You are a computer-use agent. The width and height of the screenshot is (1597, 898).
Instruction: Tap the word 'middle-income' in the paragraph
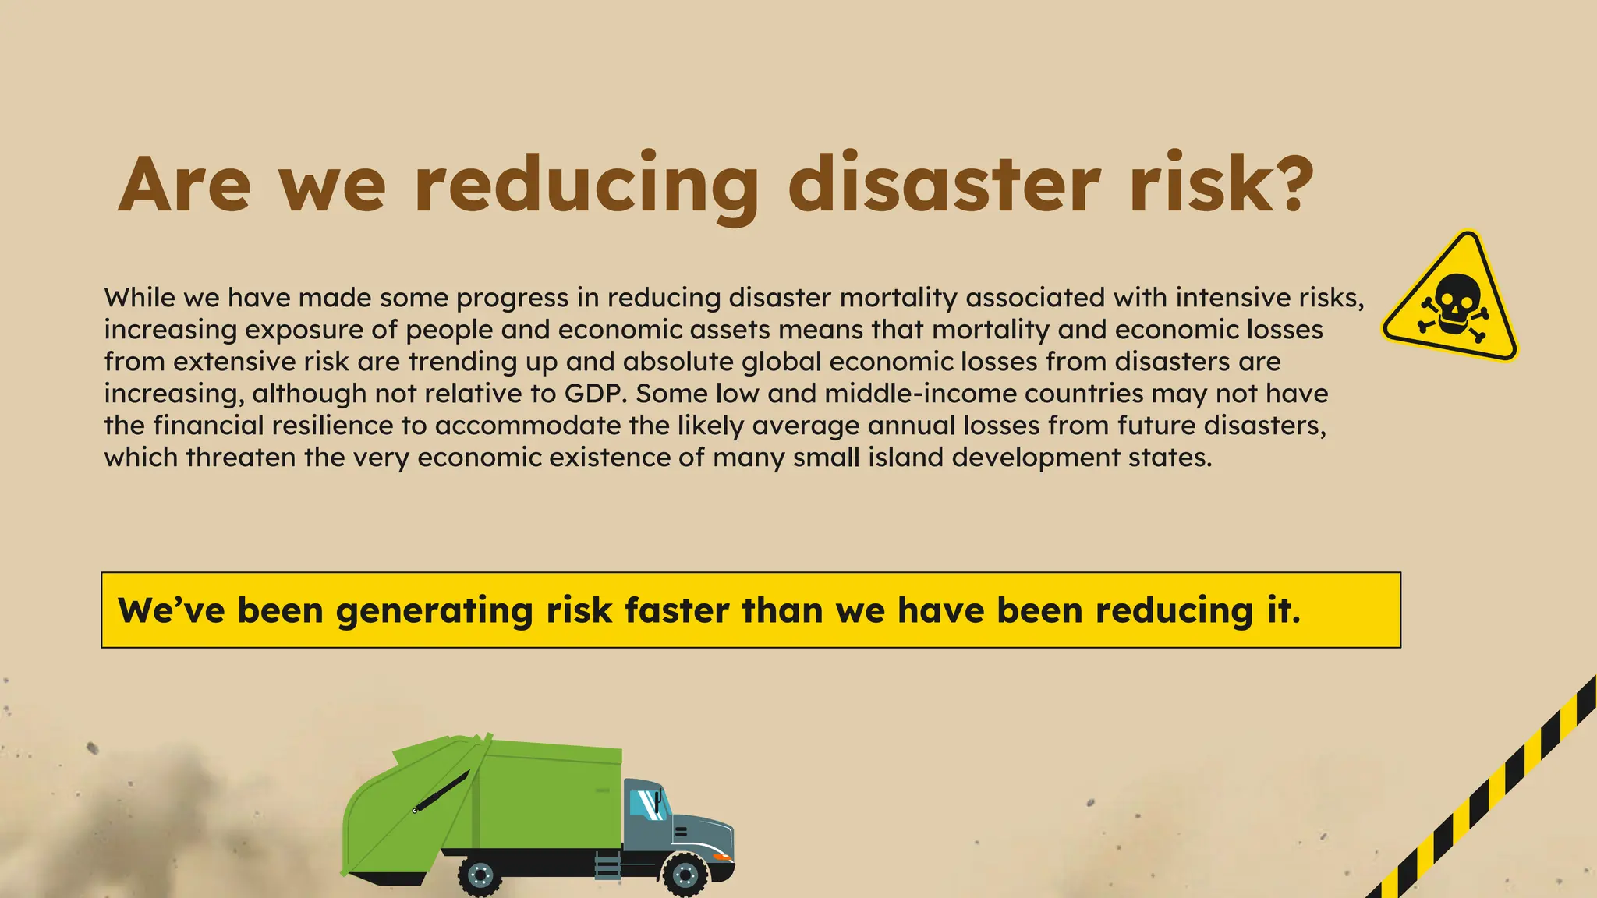(920, 394)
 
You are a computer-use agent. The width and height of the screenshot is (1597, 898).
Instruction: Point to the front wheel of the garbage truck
(685, 875)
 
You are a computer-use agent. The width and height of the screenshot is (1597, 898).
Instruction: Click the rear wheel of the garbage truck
(480, 876)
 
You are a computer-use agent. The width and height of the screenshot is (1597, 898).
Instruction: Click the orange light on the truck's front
(723, 857)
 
